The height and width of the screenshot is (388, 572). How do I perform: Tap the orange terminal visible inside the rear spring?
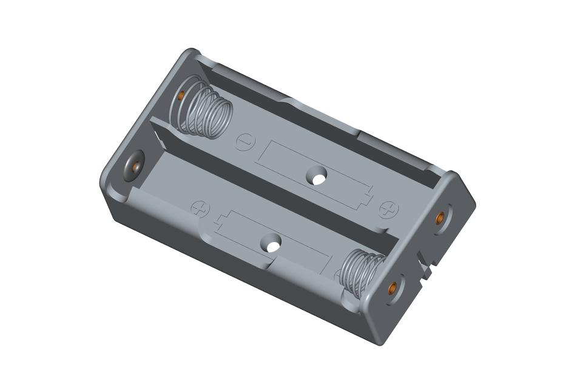(x=181, y=96)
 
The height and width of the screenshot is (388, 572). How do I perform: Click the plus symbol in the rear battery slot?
(x=389, y=209)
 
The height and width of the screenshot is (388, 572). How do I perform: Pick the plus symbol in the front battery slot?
(x=200, y=208)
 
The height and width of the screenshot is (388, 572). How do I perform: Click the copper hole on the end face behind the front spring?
(x=392, y=289)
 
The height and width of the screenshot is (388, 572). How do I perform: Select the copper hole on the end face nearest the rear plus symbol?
(x=439, y=217)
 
